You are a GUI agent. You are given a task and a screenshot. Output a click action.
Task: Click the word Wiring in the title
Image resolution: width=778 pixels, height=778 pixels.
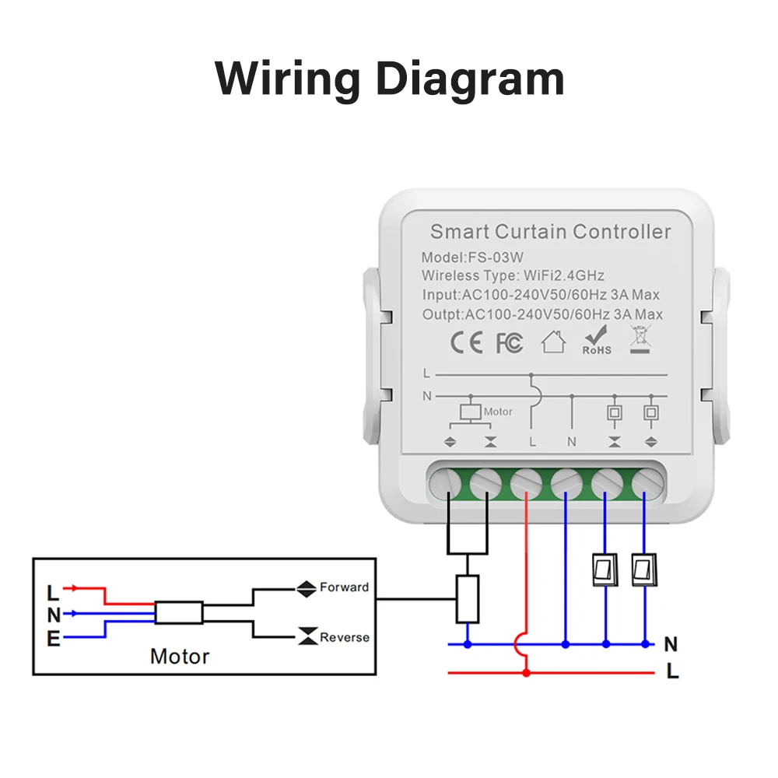(287, 79)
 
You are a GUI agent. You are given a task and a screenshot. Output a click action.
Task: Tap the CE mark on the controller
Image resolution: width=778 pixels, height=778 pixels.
(466, 342)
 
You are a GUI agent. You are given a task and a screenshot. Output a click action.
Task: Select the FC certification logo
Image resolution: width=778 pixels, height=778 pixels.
(510, 343)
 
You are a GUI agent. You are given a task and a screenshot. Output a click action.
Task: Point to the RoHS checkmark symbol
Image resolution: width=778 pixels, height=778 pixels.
(597, 340)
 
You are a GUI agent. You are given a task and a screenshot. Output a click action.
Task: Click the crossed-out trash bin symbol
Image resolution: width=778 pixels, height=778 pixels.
(640, 339)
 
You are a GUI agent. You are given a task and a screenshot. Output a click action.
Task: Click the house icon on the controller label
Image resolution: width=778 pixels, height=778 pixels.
(553, 342)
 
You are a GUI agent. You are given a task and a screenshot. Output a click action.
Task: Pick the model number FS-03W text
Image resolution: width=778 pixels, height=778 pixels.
(496, 258)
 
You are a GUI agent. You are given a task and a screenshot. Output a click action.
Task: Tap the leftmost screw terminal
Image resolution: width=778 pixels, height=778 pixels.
(445, 484)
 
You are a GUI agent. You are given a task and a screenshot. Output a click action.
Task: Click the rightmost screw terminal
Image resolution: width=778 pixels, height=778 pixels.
(647, 484)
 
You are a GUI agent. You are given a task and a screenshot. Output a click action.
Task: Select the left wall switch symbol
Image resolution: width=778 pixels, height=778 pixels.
(605, 569)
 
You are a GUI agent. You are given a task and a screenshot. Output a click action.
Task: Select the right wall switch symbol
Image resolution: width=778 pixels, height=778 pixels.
(644, 569)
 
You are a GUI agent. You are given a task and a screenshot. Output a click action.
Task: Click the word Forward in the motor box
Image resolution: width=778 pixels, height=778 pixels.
(345, 587)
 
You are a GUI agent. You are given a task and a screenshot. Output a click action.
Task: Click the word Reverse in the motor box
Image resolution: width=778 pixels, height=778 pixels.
(345, 637)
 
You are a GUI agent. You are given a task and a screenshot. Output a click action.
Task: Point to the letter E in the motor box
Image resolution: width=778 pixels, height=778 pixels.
(54, 639)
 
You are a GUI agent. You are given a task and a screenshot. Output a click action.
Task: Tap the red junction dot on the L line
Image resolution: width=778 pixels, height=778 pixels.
(527, 673)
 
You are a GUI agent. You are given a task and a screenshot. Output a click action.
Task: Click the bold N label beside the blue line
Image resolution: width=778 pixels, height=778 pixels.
(671, 644)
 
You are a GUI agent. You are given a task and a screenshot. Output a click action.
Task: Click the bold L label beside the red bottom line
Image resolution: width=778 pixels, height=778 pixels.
(672, 671)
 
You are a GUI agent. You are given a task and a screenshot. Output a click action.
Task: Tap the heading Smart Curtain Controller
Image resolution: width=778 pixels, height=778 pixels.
(550, 232)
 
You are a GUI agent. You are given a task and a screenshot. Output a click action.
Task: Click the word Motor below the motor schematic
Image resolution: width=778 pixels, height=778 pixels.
(180, 657)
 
